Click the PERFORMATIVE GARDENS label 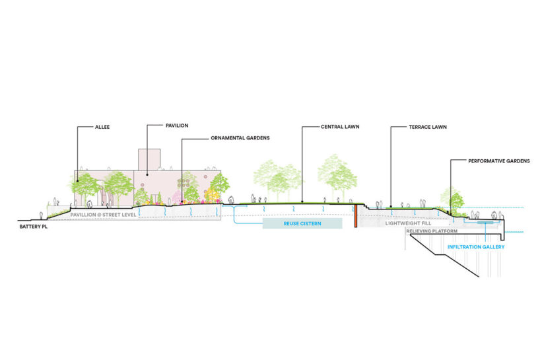[499, 161]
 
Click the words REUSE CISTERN [302, 224]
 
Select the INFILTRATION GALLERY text [476, 246]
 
